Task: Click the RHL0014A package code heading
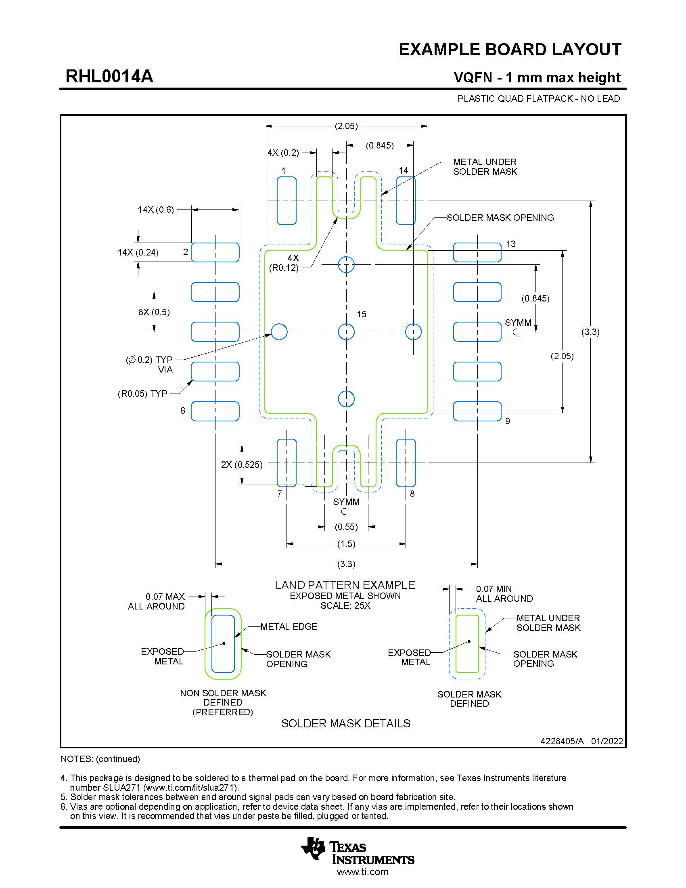[x=109, y=76]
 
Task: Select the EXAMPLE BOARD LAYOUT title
[x=510, y=50]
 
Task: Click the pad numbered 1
[x=287, y=201]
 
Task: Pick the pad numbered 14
[x=406, y=201]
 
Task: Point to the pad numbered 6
[x=215, y=411]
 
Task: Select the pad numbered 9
[x=477, y=411]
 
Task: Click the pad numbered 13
[x=477, y=253]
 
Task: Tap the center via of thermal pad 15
[x=346, y=332]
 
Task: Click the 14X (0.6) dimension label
[x=156, y=210]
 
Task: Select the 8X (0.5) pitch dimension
[x=154, y=312]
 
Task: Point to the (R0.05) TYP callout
[x=142, y=394]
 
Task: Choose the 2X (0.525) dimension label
[x=241, y=465]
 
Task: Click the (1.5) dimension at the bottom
[x=346, y=544]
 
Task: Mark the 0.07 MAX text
[x=165, y=597]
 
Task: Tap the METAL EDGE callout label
[x=289, y=626]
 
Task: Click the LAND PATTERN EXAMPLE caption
[x=345, y=585]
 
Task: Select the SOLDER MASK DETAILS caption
[x=345, y=723]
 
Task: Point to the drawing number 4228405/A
[x=562, y=741]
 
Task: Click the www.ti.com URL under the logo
[x=362, y=872]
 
